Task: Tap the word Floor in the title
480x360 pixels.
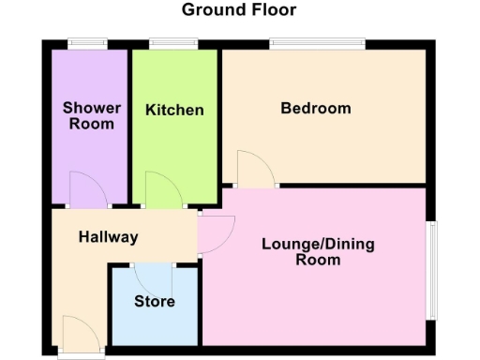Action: [x=274, y=10]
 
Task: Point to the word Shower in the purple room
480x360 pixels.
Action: [x=92, y=108]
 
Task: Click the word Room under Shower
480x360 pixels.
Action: [x=92, y=124]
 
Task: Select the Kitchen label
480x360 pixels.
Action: [x=174, y=111]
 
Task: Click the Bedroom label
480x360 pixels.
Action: [x=316, y=108]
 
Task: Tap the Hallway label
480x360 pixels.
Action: [x=108, y=237]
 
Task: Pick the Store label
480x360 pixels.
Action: [x=154, y=302]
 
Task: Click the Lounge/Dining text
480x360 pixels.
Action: [x=318, y=245]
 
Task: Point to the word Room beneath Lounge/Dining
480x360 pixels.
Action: [x=318, y=261]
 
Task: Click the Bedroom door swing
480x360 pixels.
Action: [x=255, y=170]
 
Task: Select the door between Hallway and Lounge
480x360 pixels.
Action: [x=215, y=233]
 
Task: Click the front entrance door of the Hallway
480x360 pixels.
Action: [x=80, y=334]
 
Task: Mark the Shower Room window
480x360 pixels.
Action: [x=87, y=41]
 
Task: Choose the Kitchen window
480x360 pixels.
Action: [x=173, y=41]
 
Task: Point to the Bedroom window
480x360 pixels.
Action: [x=317, y=41]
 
